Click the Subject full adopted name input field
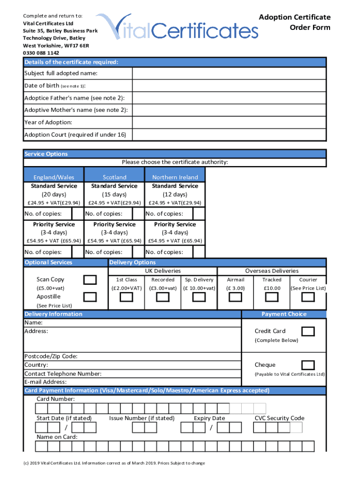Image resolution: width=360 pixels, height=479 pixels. point(229,74)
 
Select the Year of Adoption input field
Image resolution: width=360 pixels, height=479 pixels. point(229,123)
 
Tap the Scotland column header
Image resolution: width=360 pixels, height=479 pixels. point(115,177)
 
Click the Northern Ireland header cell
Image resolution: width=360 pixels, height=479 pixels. point(175,177)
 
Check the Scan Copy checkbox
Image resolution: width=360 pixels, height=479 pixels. point(90,280)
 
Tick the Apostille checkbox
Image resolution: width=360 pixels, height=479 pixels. point(90,297)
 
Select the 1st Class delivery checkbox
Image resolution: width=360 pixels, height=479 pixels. point(126,298)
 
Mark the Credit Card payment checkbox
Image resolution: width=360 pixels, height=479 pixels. point(308,331)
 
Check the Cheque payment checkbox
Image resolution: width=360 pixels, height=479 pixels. point(308,365)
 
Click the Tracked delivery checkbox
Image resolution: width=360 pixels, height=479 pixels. point(272,298)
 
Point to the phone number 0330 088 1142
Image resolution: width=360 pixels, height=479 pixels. point(41,53)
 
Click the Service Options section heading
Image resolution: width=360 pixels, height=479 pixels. point(46,154)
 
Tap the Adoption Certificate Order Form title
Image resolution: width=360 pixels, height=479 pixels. point(295,22)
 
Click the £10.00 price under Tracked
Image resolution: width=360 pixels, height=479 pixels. point(272,288)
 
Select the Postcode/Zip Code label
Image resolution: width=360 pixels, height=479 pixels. point(51,356)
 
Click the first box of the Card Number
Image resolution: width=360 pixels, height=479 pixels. point(43,409)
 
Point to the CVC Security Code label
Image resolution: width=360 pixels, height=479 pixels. point(279,418)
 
